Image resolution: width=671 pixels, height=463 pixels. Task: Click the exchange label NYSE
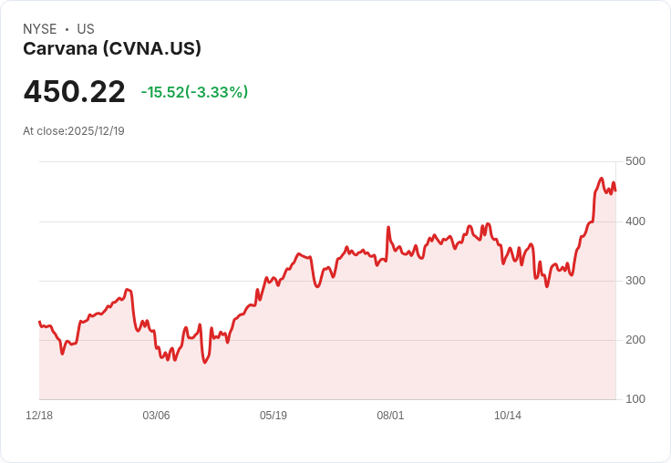tap(40, 29)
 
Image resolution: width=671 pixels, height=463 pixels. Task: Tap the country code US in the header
tap(86, 29)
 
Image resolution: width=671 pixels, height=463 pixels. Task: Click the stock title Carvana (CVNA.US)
tap(112, 49)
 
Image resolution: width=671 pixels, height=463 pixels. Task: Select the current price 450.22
tap(75, 91)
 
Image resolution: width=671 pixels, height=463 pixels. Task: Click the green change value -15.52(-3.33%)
tap(195, 92)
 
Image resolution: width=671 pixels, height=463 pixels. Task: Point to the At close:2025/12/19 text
tap(74, 131)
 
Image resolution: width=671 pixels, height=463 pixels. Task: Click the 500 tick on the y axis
tap(635, 161)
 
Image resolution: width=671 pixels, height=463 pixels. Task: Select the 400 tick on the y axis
tap(635, 221)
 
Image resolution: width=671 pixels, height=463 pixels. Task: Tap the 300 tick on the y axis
tap(635, 281)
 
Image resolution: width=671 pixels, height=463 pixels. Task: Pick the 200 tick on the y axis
tap(635, 340)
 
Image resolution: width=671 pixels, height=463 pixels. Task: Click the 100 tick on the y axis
tap(635, 399)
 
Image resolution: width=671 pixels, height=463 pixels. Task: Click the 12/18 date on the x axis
tap(39, 415)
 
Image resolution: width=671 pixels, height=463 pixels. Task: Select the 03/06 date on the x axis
tap(156, 415)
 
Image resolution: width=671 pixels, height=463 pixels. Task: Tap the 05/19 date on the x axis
tap(274, 415)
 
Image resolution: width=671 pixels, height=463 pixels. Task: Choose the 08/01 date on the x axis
tap(390, 415)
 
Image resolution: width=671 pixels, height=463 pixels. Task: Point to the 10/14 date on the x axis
tap(508, 415)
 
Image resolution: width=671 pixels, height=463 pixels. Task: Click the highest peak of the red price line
tap(601, 179)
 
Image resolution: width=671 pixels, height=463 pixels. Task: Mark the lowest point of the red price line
tap(204, 363)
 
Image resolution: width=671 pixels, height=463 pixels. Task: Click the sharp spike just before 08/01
tap(388, 227)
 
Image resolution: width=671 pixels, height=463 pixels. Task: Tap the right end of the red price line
tap(615, 190)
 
